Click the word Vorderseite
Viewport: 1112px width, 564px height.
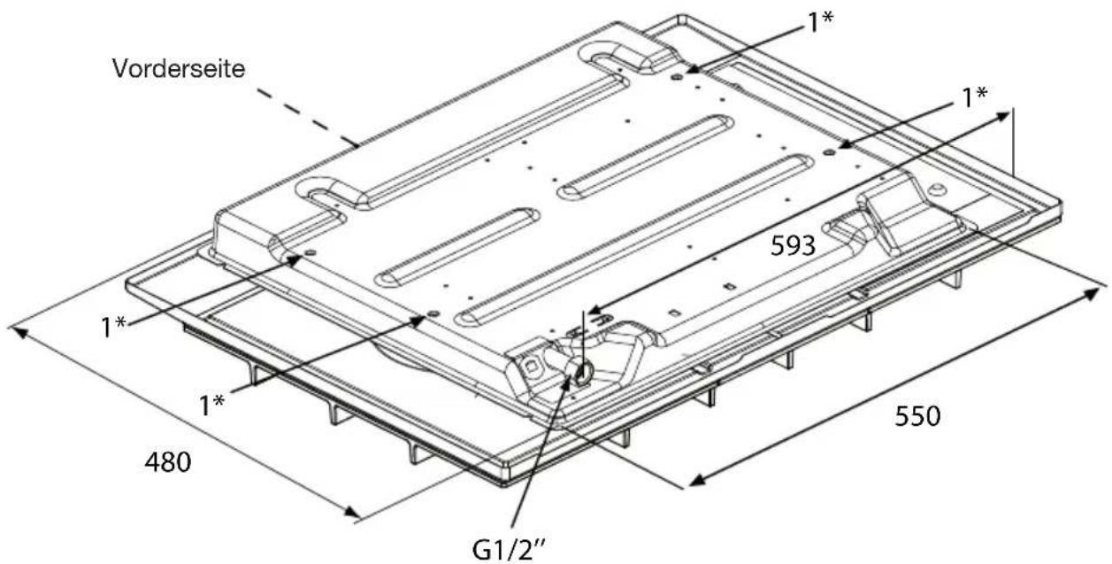179,68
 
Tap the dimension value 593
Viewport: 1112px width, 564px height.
793,245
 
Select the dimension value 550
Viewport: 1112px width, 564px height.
917,416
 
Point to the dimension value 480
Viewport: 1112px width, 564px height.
168,462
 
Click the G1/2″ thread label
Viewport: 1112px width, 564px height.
510,550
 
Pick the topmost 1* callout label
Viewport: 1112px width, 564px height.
821,22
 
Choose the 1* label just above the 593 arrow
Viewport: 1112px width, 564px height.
975,97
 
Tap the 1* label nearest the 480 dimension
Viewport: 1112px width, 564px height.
211,405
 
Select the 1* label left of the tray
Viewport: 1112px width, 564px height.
113,327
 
